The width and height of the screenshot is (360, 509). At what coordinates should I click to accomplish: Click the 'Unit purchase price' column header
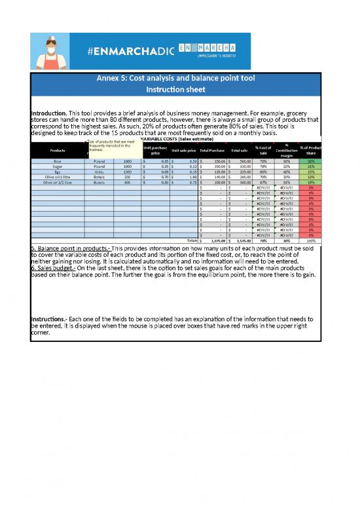(155, 149)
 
